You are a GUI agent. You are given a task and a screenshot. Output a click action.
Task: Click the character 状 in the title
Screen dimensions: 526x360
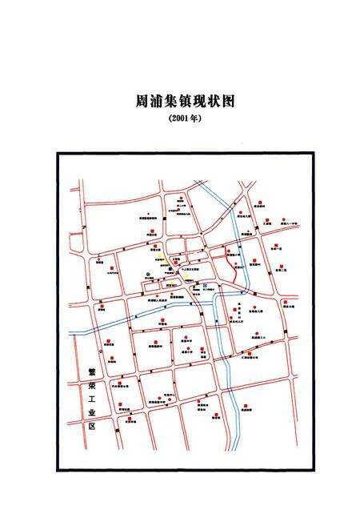tap(217, 103)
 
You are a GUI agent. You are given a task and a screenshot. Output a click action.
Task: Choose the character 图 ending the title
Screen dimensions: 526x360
tap(233, 103)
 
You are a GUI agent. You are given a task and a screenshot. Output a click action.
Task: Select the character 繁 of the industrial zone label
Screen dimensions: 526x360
tap(91, 373)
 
